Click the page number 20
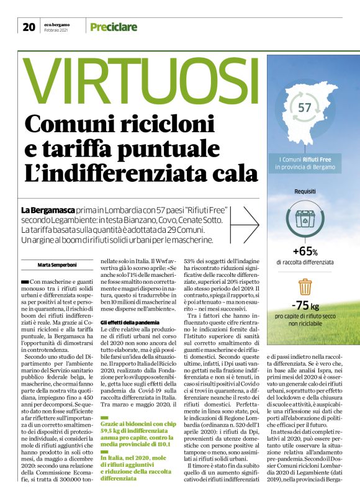(29, 27)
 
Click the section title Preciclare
(113, 27)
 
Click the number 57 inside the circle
(305, 107)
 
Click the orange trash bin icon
(305, 287)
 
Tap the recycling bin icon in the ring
(305, 219)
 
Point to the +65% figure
(305, 252)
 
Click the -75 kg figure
(305, 305)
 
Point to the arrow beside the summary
(250, 222)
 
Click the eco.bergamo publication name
(58, 24)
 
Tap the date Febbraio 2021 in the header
(58, 30)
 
